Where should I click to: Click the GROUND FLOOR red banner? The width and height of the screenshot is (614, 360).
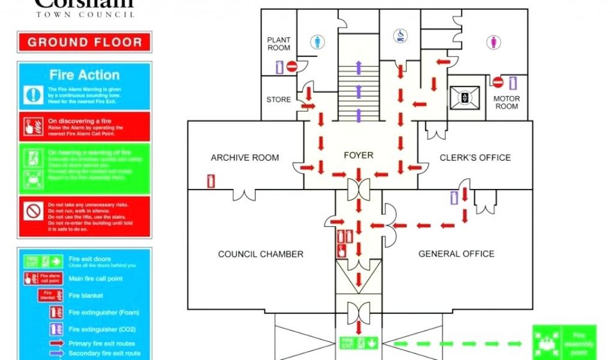click(85, 43)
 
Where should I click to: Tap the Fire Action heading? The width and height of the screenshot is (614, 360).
click(85, 75)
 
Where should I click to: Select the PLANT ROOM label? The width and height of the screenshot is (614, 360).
click(279, 44)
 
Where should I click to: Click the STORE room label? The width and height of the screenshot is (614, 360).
click(279, 100)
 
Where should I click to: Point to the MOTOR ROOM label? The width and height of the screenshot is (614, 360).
click(507, 103)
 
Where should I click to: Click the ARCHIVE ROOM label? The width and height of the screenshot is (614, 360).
click(245, 158)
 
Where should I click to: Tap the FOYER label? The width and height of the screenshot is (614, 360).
click(359, 155)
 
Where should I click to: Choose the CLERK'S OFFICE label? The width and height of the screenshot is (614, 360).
click(475, 158)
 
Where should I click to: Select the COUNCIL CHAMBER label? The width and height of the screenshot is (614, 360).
click(261, 254)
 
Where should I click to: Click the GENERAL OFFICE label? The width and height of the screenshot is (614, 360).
click(456, 254)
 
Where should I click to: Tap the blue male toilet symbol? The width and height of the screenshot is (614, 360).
click(318, 42)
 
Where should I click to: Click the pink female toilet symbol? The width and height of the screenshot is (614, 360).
click(494, 42)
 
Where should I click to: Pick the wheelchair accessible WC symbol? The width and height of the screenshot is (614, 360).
click(399, 37)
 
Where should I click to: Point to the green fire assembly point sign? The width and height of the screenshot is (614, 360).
click(564, 343)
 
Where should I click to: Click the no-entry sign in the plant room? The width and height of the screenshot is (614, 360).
click(292, 67)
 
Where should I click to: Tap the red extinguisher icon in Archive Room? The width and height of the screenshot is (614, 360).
click(210, 180)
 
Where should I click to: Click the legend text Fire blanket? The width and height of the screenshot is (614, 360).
click(86, 296)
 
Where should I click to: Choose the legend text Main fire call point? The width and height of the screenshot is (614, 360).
click(96, 278)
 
